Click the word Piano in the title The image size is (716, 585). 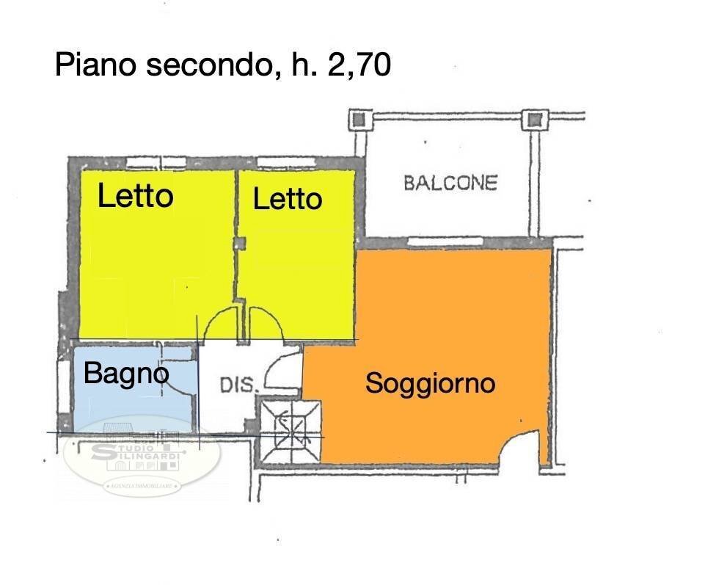pos(97,65)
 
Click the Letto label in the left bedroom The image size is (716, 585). pos(136,196)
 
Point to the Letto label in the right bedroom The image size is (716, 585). pos(287,199)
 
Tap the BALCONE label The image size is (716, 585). pos(450,183)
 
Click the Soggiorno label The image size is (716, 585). pos(431,383)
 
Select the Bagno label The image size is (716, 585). pos(125,374)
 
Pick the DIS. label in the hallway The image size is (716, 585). pos(238,385)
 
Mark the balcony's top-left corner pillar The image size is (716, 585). pos(359,119)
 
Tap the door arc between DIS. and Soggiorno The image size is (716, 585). pos(281,371)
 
